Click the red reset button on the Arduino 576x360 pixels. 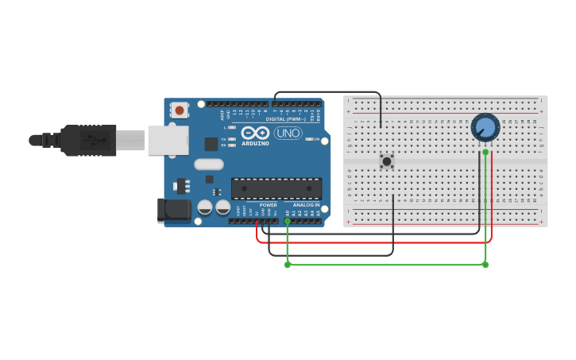(x=180, y=110)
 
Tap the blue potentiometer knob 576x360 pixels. (x=485, y=127)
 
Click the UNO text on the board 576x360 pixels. (x=288, y=133)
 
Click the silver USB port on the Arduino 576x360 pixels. (x=168, y=140)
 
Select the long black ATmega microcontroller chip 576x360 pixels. (x=276, y=188)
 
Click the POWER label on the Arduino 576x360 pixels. (x=268, y=205)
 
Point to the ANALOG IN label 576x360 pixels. (x=306, y=205)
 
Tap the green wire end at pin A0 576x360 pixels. (x=288, y=222)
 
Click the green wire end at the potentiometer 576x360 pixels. (x=485, y=152)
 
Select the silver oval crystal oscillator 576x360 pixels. (x=208, y=165)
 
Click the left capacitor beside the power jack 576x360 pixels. (x=205, y=207)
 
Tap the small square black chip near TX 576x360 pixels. (x=211, y=144)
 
